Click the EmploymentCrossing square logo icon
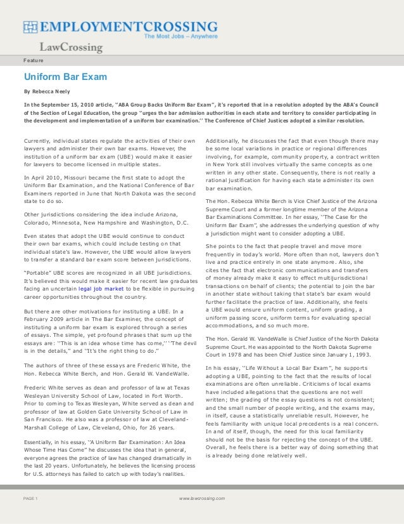[x=30, y=27]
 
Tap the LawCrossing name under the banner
[x=71, y=48]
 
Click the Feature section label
[x=34, y=60]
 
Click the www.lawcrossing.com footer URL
[x=202, y=499]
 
